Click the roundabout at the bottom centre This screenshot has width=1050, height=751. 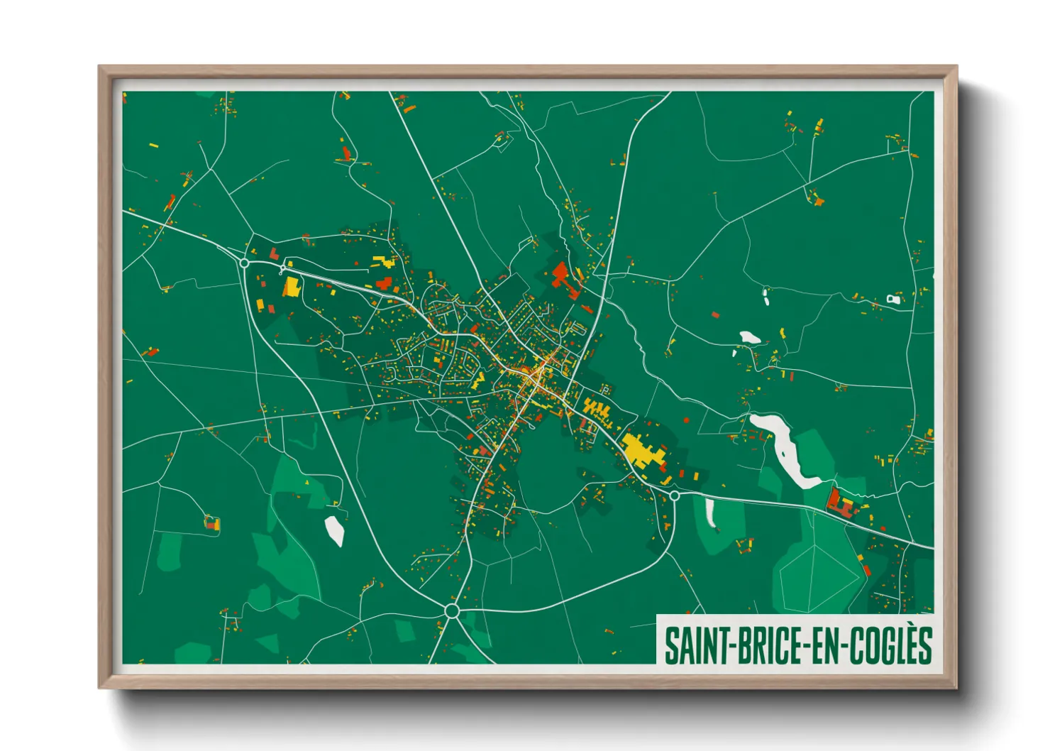click(452, 610)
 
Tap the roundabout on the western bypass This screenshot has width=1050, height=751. click(245, 263)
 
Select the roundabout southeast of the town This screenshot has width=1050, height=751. click(674, 495)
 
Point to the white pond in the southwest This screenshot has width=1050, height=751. click(334, 530)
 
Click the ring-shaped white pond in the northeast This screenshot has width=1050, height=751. click(893, 300)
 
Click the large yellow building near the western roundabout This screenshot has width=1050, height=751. click(292, 287)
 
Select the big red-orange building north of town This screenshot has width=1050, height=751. click(560, 273)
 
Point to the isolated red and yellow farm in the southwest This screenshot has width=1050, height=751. click(211, 524)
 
